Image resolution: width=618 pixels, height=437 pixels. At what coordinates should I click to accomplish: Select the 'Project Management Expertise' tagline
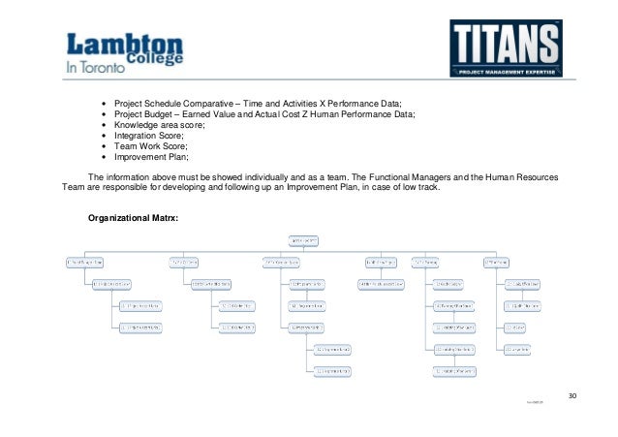[505, 74]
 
